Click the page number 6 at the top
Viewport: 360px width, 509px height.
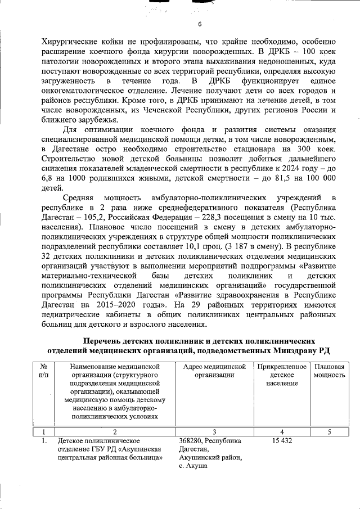pos(199,24)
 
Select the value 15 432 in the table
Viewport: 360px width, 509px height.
pos(282,440)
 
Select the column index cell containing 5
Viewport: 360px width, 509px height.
pos(329,431)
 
